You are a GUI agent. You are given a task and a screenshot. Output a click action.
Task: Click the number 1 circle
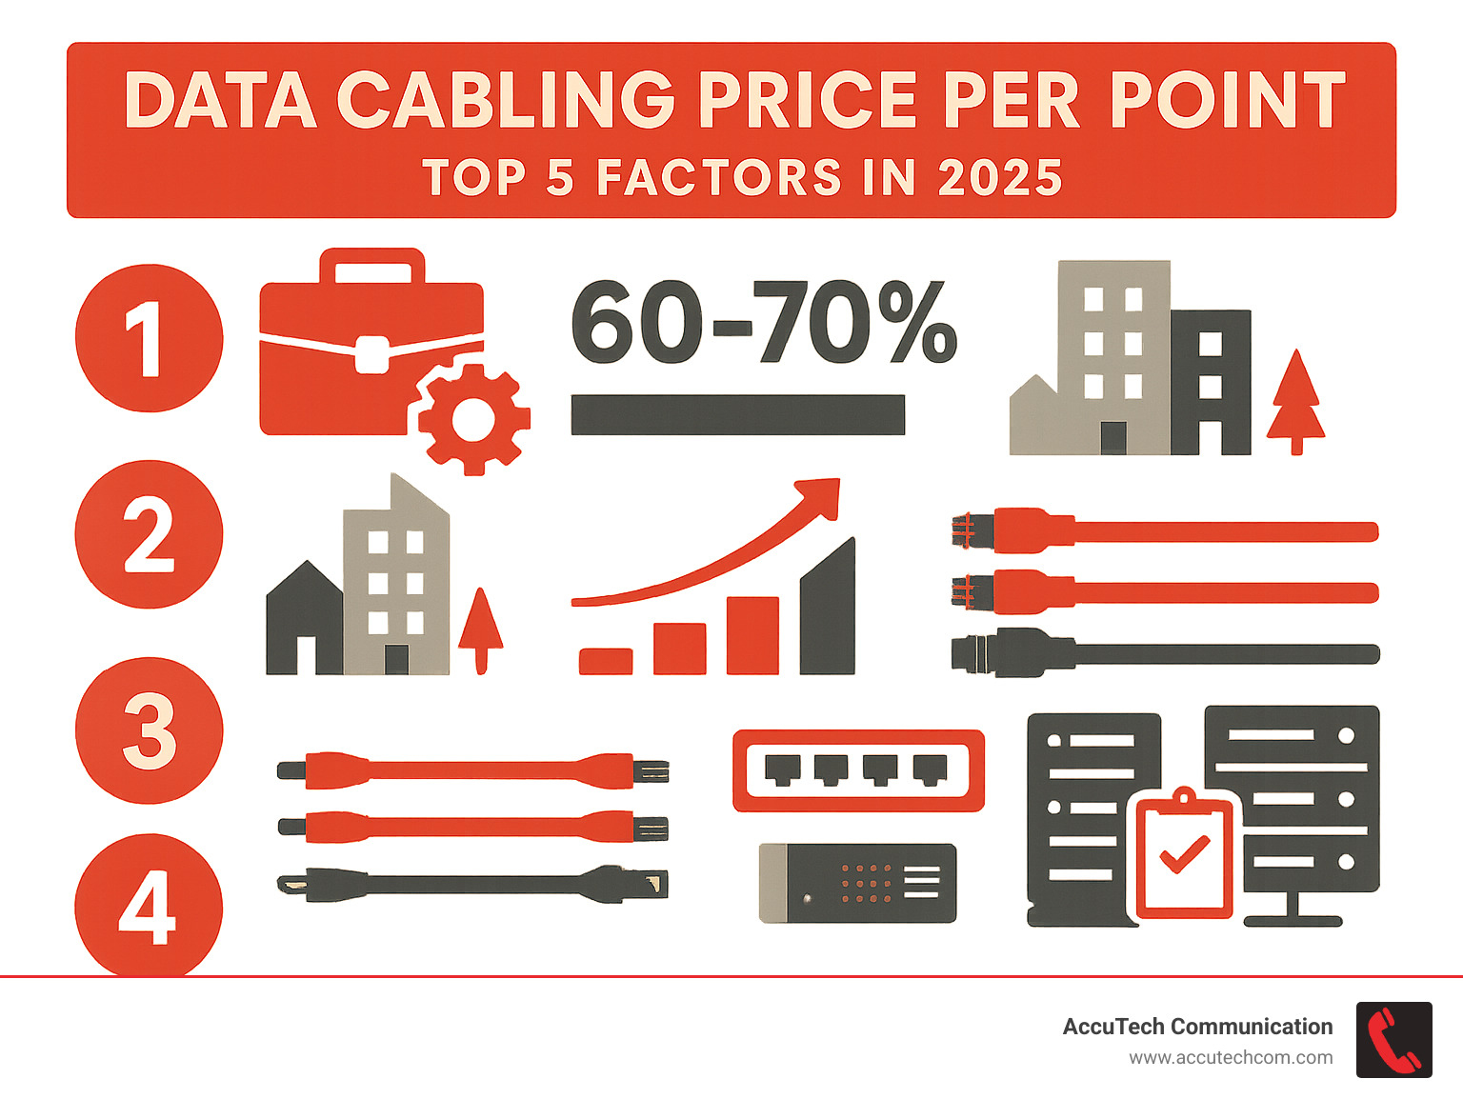[x=150, y=338]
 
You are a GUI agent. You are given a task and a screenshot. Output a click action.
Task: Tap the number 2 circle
[x=150, y=534]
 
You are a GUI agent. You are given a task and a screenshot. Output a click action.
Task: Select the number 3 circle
[x=150, y=730]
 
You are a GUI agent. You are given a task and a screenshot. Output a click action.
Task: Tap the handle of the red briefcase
[x=371, y=266]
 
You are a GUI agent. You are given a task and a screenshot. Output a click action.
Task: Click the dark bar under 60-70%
[x=737, y=415]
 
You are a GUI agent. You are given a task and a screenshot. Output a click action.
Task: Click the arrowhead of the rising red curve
[x=824, y=495]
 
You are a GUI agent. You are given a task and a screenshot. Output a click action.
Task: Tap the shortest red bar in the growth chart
[x=606, y=661]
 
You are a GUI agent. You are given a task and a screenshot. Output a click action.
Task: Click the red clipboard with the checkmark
[x=1185, y=856]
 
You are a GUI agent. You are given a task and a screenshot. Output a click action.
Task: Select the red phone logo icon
[x=1393, y=1040]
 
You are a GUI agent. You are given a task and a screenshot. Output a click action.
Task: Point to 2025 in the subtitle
[x=1000, y=178]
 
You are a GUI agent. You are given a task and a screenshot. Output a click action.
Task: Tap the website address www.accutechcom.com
[x=1231, y=1058]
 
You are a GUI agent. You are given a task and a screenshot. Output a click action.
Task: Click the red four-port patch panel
[x=858, y=769]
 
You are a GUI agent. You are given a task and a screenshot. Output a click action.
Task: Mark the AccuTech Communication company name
[x=1197, y=1027]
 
